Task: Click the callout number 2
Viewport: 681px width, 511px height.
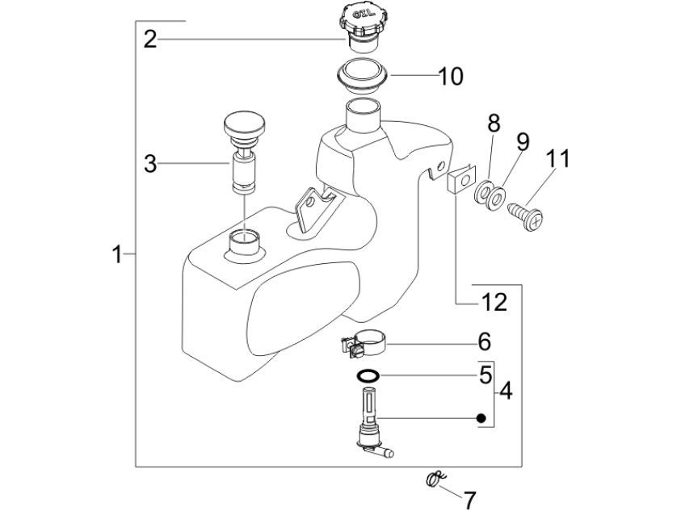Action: [150, 39]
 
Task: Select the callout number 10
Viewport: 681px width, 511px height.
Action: [450, 77]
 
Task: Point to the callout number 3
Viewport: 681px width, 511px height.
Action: [150, 164]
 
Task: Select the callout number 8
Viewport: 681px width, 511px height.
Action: [494, 124]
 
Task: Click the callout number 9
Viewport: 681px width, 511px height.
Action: [523, 141]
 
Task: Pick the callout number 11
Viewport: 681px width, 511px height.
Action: [558, 157]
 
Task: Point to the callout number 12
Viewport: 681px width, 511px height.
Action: [494, 303]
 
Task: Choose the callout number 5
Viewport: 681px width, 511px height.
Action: [485, 375]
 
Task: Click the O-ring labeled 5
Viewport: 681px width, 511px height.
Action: [368, 375]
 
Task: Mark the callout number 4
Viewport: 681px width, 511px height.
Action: [506, 392]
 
